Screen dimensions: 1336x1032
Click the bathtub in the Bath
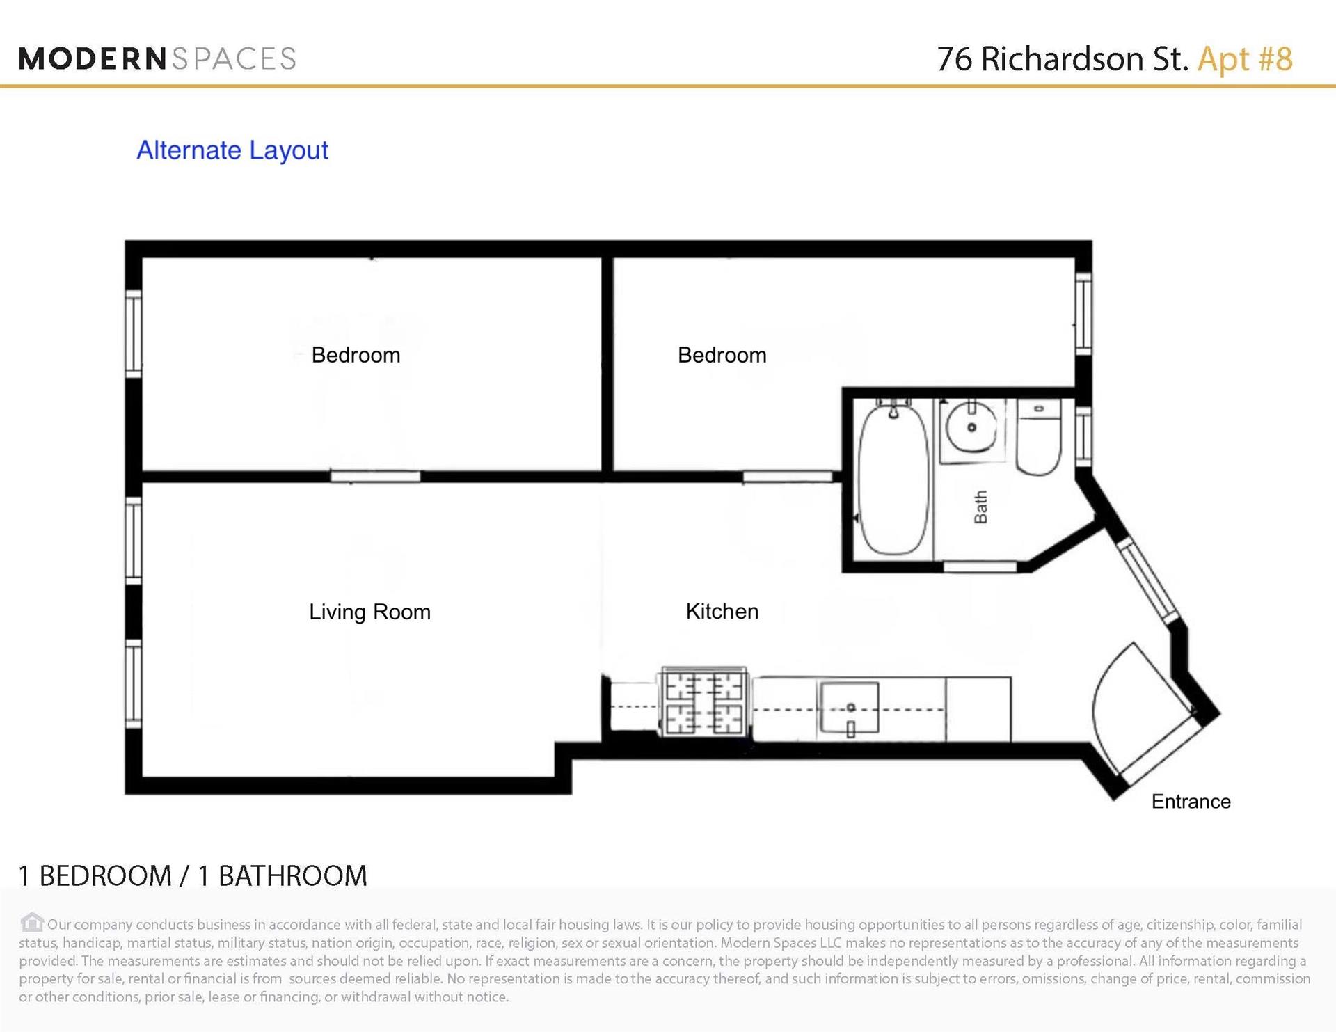[x=894, y=479]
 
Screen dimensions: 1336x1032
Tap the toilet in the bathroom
[x=1039, y=437]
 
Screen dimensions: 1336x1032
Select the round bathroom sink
[x=971, y=427]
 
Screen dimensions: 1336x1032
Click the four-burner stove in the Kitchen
[x=704, y=701]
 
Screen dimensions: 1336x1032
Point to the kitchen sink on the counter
[x=850, y=708]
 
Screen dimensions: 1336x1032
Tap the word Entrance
[x=1191, y=801]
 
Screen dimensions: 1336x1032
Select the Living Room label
[x=369, y=612]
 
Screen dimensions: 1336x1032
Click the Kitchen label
[x=722, y=611]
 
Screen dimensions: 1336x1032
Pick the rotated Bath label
[x=980, y=507]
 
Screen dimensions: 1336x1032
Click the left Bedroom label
[x=356, y=355]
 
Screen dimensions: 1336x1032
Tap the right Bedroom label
[x=722, y=355]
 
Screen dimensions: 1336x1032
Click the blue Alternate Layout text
[x=232, y=150]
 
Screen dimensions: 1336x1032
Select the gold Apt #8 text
[x=1245, y=58]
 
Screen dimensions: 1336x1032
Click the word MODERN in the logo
[x=93, y=58]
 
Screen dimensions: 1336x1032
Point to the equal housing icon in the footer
[x=31, y=923]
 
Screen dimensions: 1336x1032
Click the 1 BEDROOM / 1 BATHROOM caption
[x=193, y=876]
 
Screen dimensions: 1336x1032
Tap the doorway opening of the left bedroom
[x=375, y=477]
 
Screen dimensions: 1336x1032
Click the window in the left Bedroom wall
[x=134, y=334]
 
